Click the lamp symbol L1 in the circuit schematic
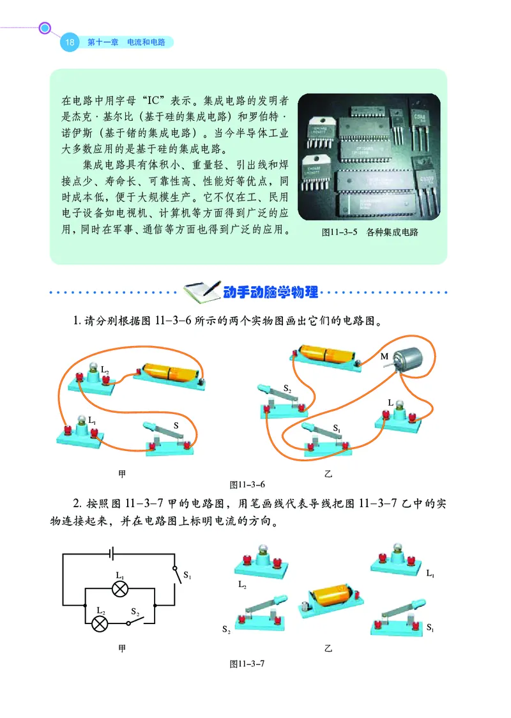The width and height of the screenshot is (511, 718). pyautogui.click(x=119, y=590)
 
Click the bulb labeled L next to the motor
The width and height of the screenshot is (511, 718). pyautogui.click(x=399, y=413)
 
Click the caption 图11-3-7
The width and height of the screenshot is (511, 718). pyautogui.click(x=247, y=664)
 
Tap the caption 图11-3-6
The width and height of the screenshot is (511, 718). pyautogui.click(x=247, y=484)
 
